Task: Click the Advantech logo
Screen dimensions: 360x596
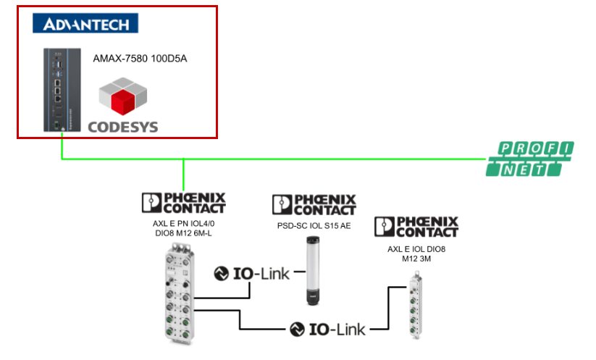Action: click(x=85, y=24)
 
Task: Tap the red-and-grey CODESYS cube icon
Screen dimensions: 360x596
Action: click(x=122, y=98)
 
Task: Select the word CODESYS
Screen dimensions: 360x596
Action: click(x=122, y=127)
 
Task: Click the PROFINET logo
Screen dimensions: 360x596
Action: click(x=529, y=159)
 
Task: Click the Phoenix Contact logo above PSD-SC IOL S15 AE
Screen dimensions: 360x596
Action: click(x=314, y=204)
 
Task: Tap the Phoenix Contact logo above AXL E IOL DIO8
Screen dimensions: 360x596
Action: click(x=416, y=227)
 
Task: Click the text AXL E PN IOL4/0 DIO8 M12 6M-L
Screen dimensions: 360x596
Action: click(x=183, y=228)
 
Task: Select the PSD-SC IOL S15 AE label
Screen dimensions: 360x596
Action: click(x=314, y=225)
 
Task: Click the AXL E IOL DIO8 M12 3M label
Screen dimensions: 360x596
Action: click(x=416, y=254)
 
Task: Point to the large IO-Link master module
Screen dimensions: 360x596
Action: click(x=179, y=296)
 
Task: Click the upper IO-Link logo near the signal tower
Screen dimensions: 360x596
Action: click(x=252, y=274)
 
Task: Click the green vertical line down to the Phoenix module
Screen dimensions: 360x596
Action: click(x=184, y=174)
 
